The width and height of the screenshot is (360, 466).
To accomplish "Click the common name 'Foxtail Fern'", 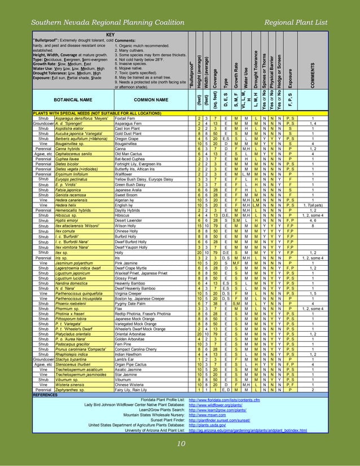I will click(x=125, y=118).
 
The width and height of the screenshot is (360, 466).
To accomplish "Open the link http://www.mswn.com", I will click(x=207, y=415).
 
